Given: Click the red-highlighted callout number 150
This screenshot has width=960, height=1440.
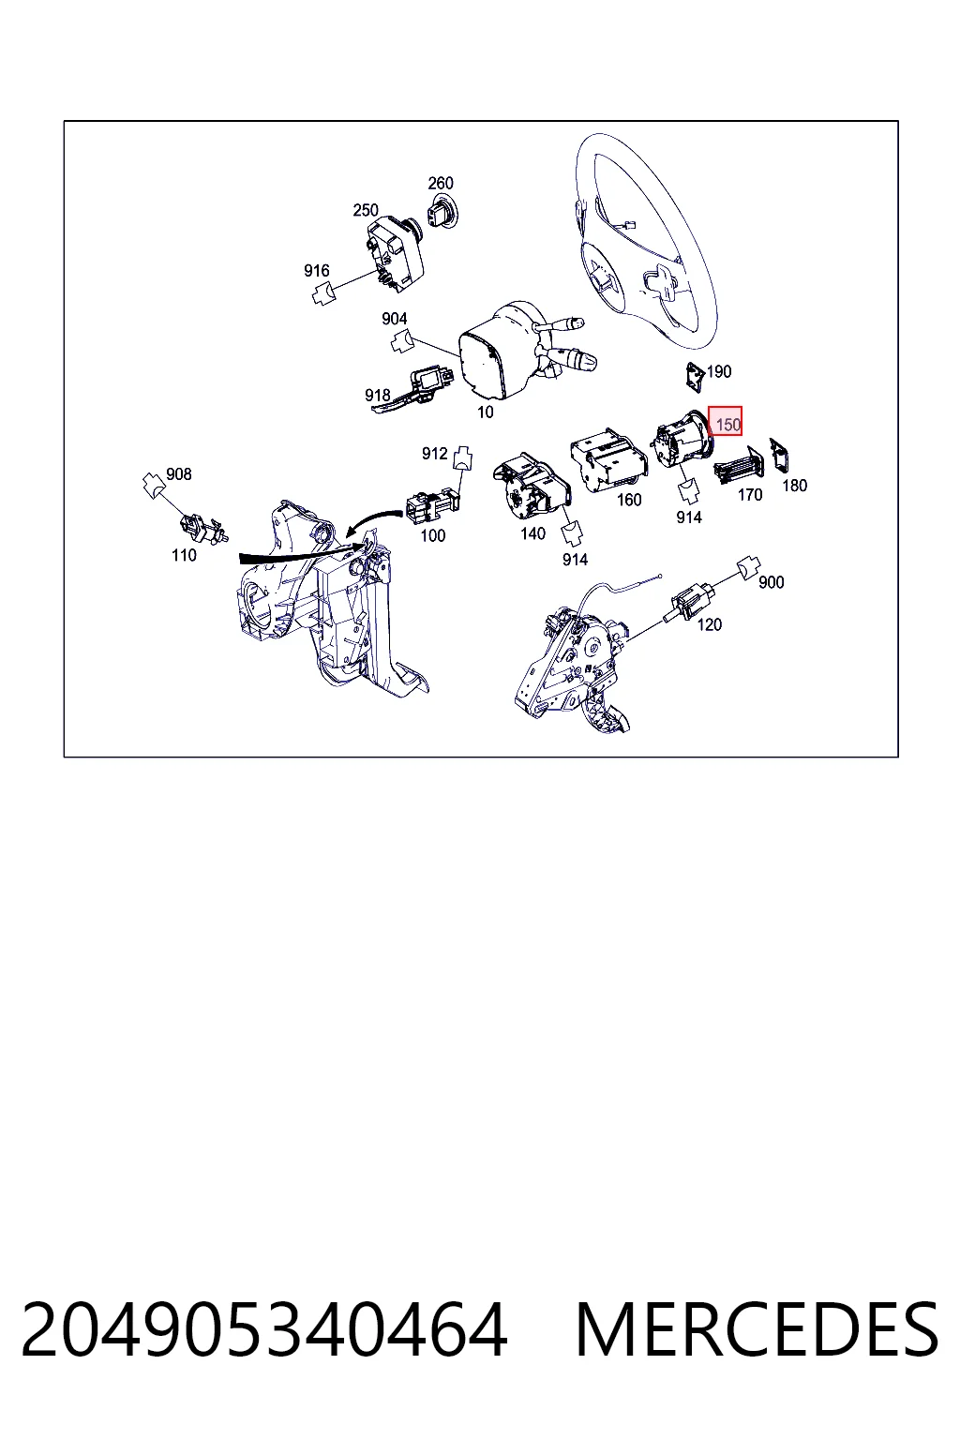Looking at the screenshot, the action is click(x=727, y=425).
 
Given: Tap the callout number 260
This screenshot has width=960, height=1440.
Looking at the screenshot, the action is click(x=441, y=183).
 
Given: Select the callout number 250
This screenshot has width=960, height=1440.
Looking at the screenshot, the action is click(x=366, y=210).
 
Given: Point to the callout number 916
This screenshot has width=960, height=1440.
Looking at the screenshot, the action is click(x=316, y=271).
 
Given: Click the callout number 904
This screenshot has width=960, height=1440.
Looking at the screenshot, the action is click(x=394, y=319).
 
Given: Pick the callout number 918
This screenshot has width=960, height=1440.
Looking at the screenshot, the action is click(x=378, y=395).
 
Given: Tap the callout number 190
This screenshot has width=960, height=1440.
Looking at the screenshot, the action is click(x=719, y=371).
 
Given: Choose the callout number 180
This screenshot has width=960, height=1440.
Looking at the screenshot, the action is click(x=795, y=486).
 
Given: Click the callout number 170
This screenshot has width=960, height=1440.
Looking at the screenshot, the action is click(x=750, y=494).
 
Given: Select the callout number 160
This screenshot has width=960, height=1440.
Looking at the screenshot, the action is click(x=629, y=500).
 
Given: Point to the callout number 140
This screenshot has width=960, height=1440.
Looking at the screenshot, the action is click(x=532, y=533).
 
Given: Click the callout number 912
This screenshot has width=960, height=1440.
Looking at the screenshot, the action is click(x=435, y=454).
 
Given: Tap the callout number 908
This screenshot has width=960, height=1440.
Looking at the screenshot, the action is click(x=179, y=474).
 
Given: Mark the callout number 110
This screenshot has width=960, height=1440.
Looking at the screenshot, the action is click(x=184, y=555).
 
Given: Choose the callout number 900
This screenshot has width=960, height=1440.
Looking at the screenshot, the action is click(x=771, y=582).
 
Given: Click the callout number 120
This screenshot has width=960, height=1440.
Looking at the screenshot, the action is click(x=710, y=624).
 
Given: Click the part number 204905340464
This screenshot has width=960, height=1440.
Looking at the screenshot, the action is click(x=264, y=1330).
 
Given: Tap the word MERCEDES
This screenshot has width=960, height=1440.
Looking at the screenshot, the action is click(x=757, y=1330).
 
